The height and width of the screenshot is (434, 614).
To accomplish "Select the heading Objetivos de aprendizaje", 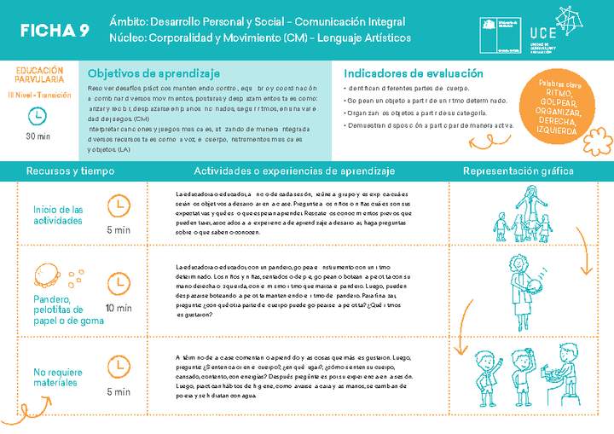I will click(154, 73).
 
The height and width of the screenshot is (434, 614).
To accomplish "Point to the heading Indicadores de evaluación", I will click(414, 73).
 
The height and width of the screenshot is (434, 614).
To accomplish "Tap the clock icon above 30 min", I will click(38, 116).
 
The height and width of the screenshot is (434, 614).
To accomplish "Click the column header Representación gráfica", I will click(518, 171).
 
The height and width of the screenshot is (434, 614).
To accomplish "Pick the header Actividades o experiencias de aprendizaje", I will click(295, 171).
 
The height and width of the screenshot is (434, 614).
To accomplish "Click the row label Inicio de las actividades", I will click(58, 215).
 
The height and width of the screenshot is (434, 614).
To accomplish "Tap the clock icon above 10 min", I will click(118, 282).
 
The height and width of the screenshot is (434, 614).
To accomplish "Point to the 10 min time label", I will click(118, 309).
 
